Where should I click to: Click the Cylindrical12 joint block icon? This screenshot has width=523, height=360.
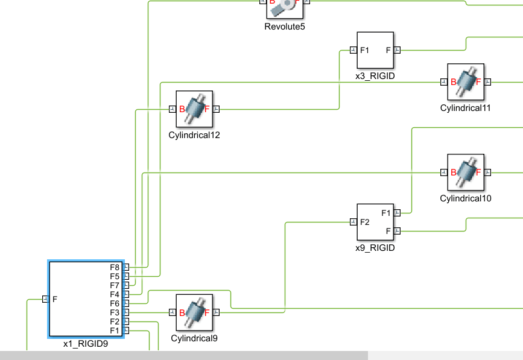pyautogui.click(x=194, y=109)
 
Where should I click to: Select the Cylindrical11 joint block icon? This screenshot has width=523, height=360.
pyautogui.click(x=466, y=82)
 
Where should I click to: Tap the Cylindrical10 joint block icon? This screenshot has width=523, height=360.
pyautogui.click(x=466, y=172)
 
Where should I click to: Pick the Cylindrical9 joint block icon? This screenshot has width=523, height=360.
pyautogui.click(x=194, y=312)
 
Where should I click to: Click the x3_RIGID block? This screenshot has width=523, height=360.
pyautogui.click(x=375, y=51)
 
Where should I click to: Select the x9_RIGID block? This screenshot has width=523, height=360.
pyautogui.click(x=375, y=222)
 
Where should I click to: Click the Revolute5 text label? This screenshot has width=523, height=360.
pyautogui.click(x=285, y=26)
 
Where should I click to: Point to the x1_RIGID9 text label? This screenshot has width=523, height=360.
pyautogui.click(x=86, y=344)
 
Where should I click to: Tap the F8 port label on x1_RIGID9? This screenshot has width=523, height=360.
pyautogui.click(x=115, y=267)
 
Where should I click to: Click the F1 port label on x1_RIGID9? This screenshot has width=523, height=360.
pyautogui.click(x=115, y=330)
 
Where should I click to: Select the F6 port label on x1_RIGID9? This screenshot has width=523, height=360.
pyautogui.click(x=115, y=303)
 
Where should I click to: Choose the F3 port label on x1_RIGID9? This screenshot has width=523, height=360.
pyautogui.click(x=115, y=312)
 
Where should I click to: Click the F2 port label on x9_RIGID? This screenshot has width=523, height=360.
pyautogui.click(x=365, y=222)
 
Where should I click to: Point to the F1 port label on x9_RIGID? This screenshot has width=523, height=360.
pyautogui.click(x=386, y=213)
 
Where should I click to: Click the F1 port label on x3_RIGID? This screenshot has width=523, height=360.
pyautogui.click(x=365, y=50)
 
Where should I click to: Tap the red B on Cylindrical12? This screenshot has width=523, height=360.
pyautogui.click(x=182, y=109)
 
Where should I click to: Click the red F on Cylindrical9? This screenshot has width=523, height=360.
pyautogui.click(x=207, y=312)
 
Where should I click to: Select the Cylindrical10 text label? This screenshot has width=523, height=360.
pyautogui.click(x=466, y=198)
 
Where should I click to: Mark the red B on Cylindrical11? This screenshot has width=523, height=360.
pyautogui.click(x=453, y=82)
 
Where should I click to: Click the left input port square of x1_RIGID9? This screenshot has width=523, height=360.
pyautogui.click(x=45, y=298)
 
